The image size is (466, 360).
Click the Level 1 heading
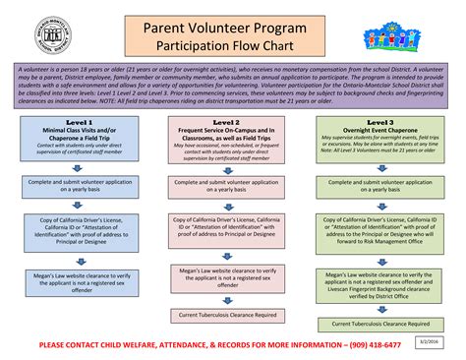tap(81, 122)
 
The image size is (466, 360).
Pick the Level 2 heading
tap(233, 122)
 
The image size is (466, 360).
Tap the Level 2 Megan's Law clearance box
tap(233, 276)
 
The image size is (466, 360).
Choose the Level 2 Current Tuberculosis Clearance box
tap(233, 315)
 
